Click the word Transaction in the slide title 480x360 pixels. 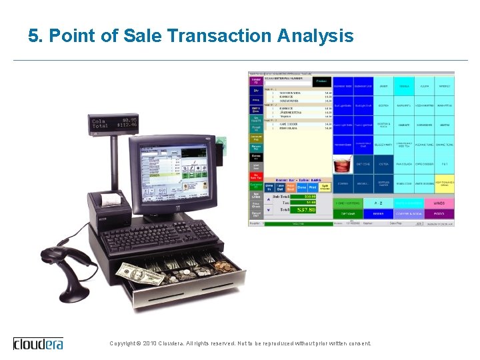point(203,35)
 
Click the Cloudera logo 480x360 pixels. point(38,343)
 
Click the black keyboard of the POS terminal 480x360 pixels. point(160,235)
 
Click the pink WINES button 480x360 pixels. point(439,203)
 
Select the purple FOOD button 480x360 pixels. point(439,214)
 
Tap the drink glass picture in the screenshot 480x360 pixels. point(343,163)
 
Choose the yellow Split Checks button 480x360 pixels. point(325,187)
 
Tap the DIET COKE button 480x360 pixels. point(363,163)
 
